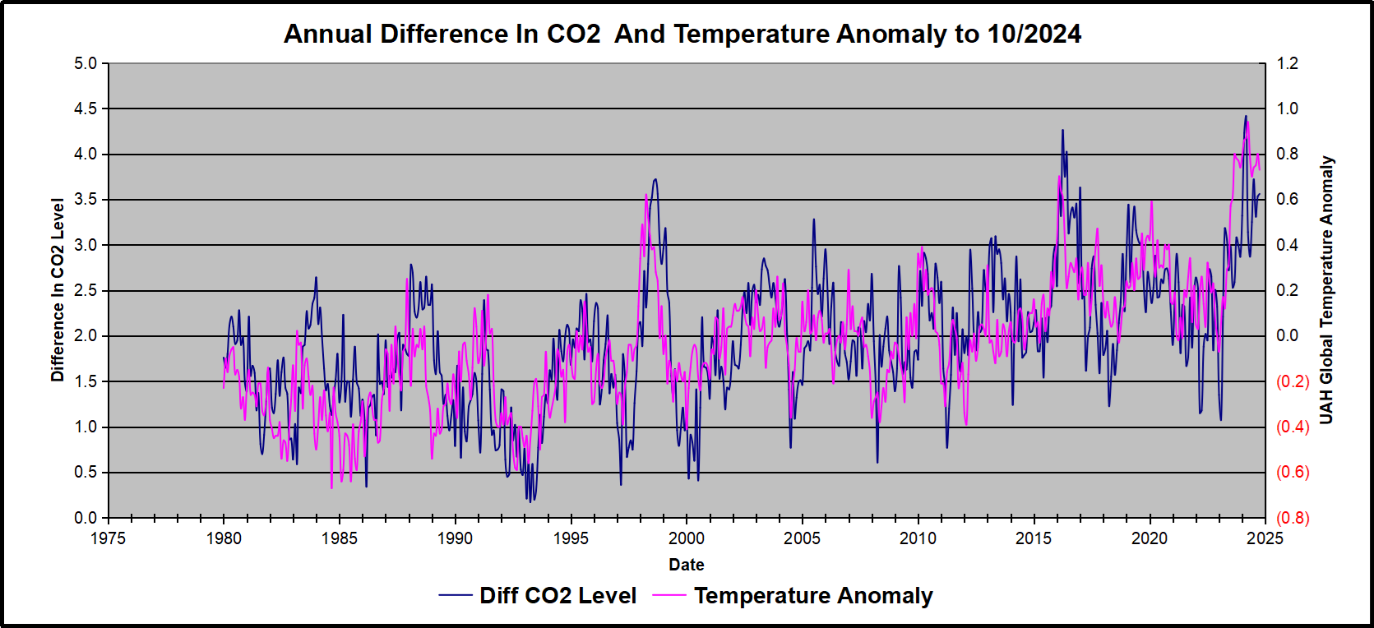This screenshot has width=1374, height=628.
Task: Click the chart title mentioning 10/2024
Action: click(x=682, y=34)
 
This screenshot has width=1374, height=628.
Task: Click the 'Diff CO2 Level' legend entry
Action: click(x=557, y=596)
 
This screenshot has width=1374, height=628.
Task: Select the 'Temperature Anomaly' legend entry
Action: click(x=812, y=596)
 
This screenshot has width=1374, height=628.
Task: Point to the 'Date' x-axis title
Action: click(x=686, y=565)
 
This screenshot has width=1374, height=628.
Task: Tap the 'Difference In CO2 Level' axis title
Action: click(x=58, y=290)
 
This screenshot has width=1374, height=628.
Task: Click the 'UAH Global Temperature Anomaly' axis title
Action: click(x=1326, y=290)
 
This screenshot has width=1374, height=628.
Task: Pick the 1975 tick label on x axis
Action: click(x=109, y=538)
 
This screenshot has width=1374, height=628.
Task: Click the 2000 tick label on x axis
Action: click(x=687, y=538)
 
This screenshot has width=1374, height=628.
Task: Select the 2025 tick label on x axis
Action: click(x=1265, y=538)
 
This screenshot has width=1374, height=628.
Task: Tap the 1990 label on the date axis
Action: click(x=455, y=538)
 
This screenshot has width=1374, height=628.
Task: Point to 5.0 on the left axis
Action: click(x=86, y=63)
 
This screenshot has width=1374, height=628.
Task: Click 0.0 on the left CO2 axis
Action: click(x=86, y=518)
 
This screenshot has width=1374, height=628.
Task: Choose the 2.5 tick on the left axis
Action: click(x=86, y=290)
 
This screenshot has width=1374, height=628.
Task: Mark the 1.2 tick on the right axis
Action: click(x=1287, y=63)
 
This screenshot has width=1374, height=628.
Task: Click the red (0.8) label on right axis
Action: click(x=1292, y=518)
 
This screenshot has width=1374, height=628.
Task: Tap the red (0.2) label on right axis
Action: click(x=1292, y=381)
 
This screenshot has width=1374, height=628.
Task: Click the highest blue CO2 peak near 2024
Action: click(x=1246, y=117)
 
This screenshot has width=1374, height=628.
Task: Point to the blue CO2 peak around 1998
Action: click(x=655, y=179)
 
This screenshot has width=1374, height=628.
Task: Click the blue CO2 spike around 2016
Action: click(x=1062, y=130)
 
